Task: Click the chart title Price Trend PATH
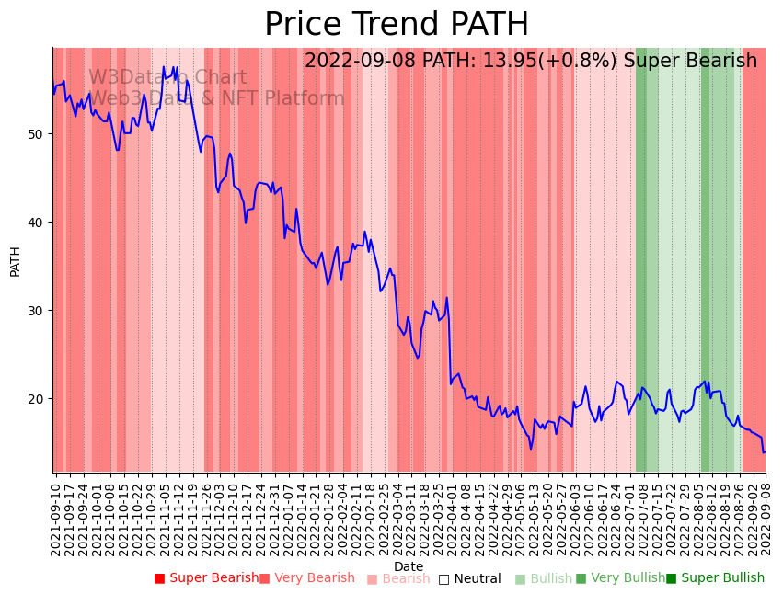pos(397,24)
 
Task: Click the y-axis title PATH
pos(16,260)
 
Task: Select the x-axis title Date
pos(409,566)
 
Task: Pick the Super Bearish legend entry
pos(213,578)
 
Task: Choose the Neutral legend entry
pos(476,579)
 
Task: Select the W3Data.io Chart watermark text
pos(167,78)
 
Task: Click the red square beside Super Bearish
pos(159,578)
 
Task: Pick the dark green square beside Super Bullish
pos(671,578)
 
